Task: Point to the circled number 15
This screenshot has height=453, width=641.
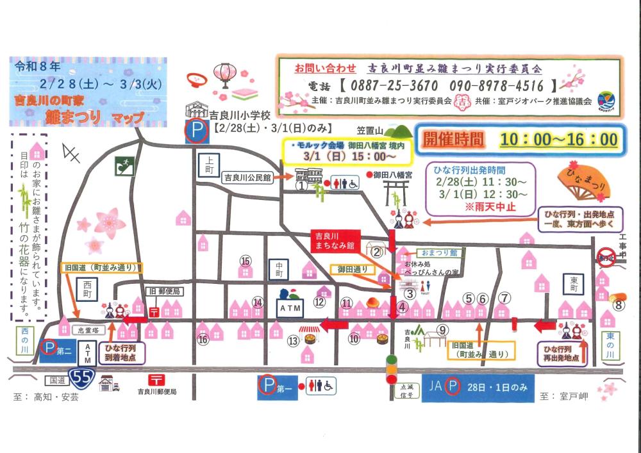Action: pos(245,261)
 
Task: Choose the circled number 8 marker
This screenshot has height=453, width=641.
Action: pos(618,305)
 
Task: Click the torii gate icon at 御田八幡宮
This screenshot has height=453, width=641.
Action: pos(395,190)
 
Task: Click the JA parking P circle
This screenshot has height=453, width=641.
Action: pos(453,386)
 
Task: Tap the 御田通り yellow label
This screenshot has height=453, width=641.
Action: pos(352,270)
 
